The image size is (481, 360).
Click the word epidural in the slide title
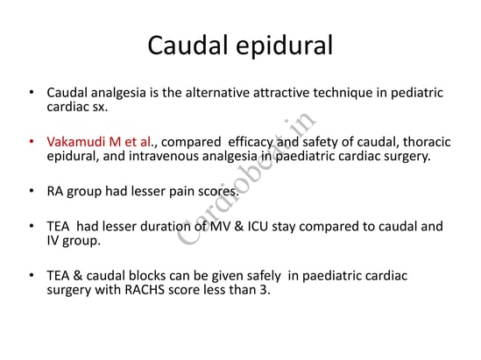(x=285, y=46)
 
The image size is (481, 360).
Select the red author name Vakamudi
(x=76, y=142)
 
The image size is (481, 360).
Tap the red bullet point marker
(x=32, y=142)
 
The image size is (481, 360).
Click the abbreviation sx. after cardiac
(x=100, y=107)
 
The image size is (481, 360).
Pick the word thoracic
(x=427, y=142)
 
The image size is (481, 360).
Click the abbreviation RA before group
(x=55, y=191)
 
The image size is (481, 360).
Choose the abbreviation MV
(x=220, y=227)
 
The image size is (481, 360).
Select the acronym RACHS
(x=145, y=290)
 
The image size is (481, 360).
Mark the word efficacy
(x=251, y=143)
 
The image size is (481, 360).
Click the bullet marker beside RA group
(x=32, y=191)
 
